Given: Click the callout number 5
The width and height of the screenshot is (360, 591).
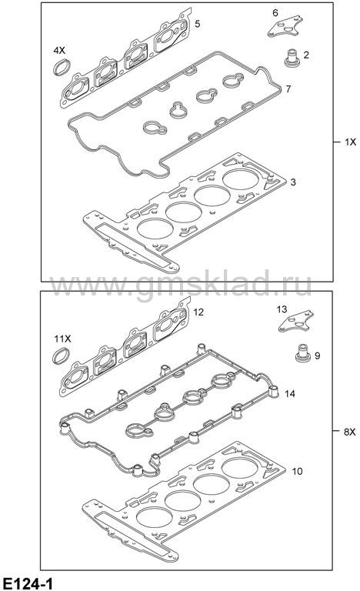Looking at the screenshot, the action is pos(198,24).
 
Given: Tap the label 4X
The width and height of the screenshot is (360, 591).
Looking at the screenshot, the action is pos(59,50).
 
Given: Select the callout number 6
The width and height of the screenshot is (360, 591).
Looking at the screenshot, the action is pos(275,13).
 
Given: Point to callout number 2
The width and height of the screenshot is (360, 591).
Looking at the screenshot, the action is pos(306,55).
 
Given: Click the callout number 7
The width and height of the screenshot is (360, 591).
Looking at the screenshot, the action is pos(288,89).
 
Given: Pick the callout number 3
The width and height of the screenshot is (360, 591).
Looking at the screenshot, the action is pos(293,182).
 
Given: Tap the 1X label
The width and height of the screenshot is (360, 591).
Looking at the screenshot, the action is pos(350,142).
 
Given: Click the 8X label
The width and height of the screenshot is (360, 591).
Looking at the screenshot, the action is pos(350,432).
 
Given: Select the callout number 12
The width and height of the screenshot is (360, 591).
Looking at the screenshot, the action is pos(198,312).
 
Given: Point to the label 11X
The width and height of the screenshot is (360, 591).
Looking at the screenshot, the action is pos(62,339).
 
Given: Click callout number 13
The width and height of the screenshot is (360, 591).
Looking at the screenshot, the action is pos(282,309).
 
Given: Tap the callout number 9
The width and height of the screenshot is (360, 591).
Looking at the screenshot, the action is pos(318,356).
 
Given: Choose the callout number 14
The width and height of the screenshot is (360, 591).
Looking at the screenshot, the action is pos(290,394).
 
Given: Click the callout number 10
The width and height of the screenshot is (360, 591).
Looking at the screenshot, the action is pos(298,471).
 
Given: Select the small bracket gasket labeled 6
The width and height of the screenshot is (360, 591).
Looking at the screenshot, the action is pos(285,26).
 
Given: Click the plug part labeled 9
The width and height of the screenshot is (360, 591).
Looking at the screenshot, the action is pos(302,352).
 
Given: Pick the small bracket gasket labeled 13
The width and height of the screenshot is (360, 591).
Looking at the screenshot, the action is pos(296,322).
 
